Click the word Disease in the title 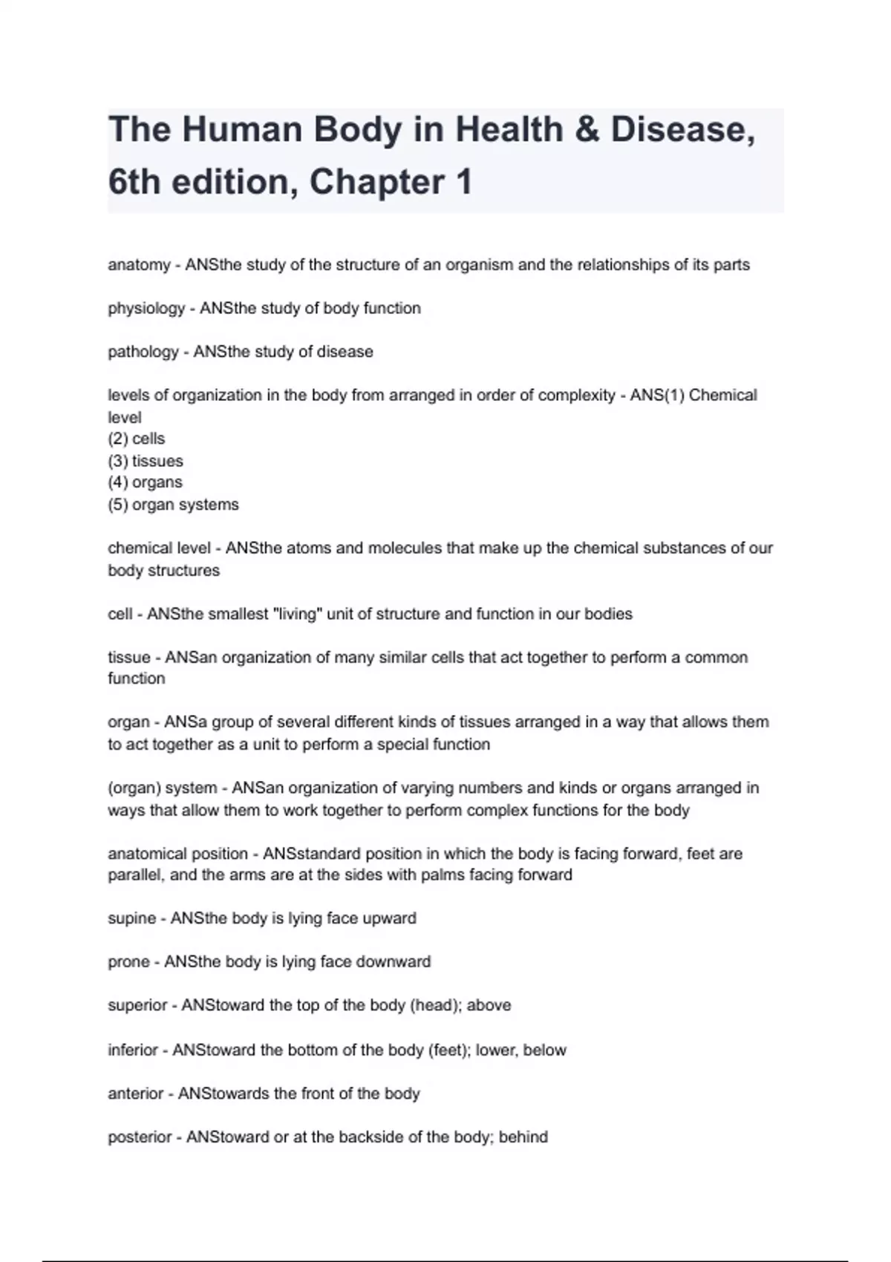682,130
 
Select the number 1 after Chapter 464,183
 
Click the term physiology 146,308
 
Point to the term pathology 143,352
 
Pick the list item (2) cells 137,439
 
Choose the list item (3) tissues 146,461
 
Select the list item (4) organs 145,483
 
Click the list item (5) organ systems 173,505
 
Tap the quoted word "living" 298,614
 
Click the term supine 132,918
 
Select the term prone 129,962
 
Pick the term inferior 133,1050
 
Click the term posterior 140,1137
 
